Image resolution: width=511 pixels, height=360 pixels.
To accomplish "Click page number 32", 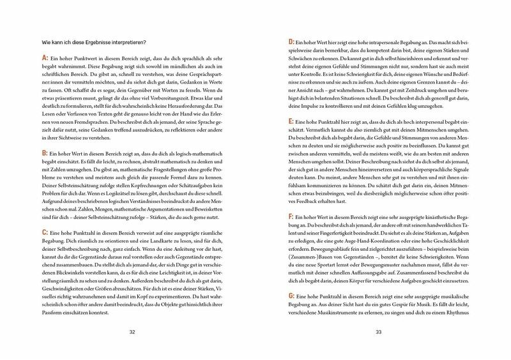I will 132,331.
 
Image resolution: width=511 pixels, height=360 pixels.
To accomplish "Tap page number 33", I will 378,331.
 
